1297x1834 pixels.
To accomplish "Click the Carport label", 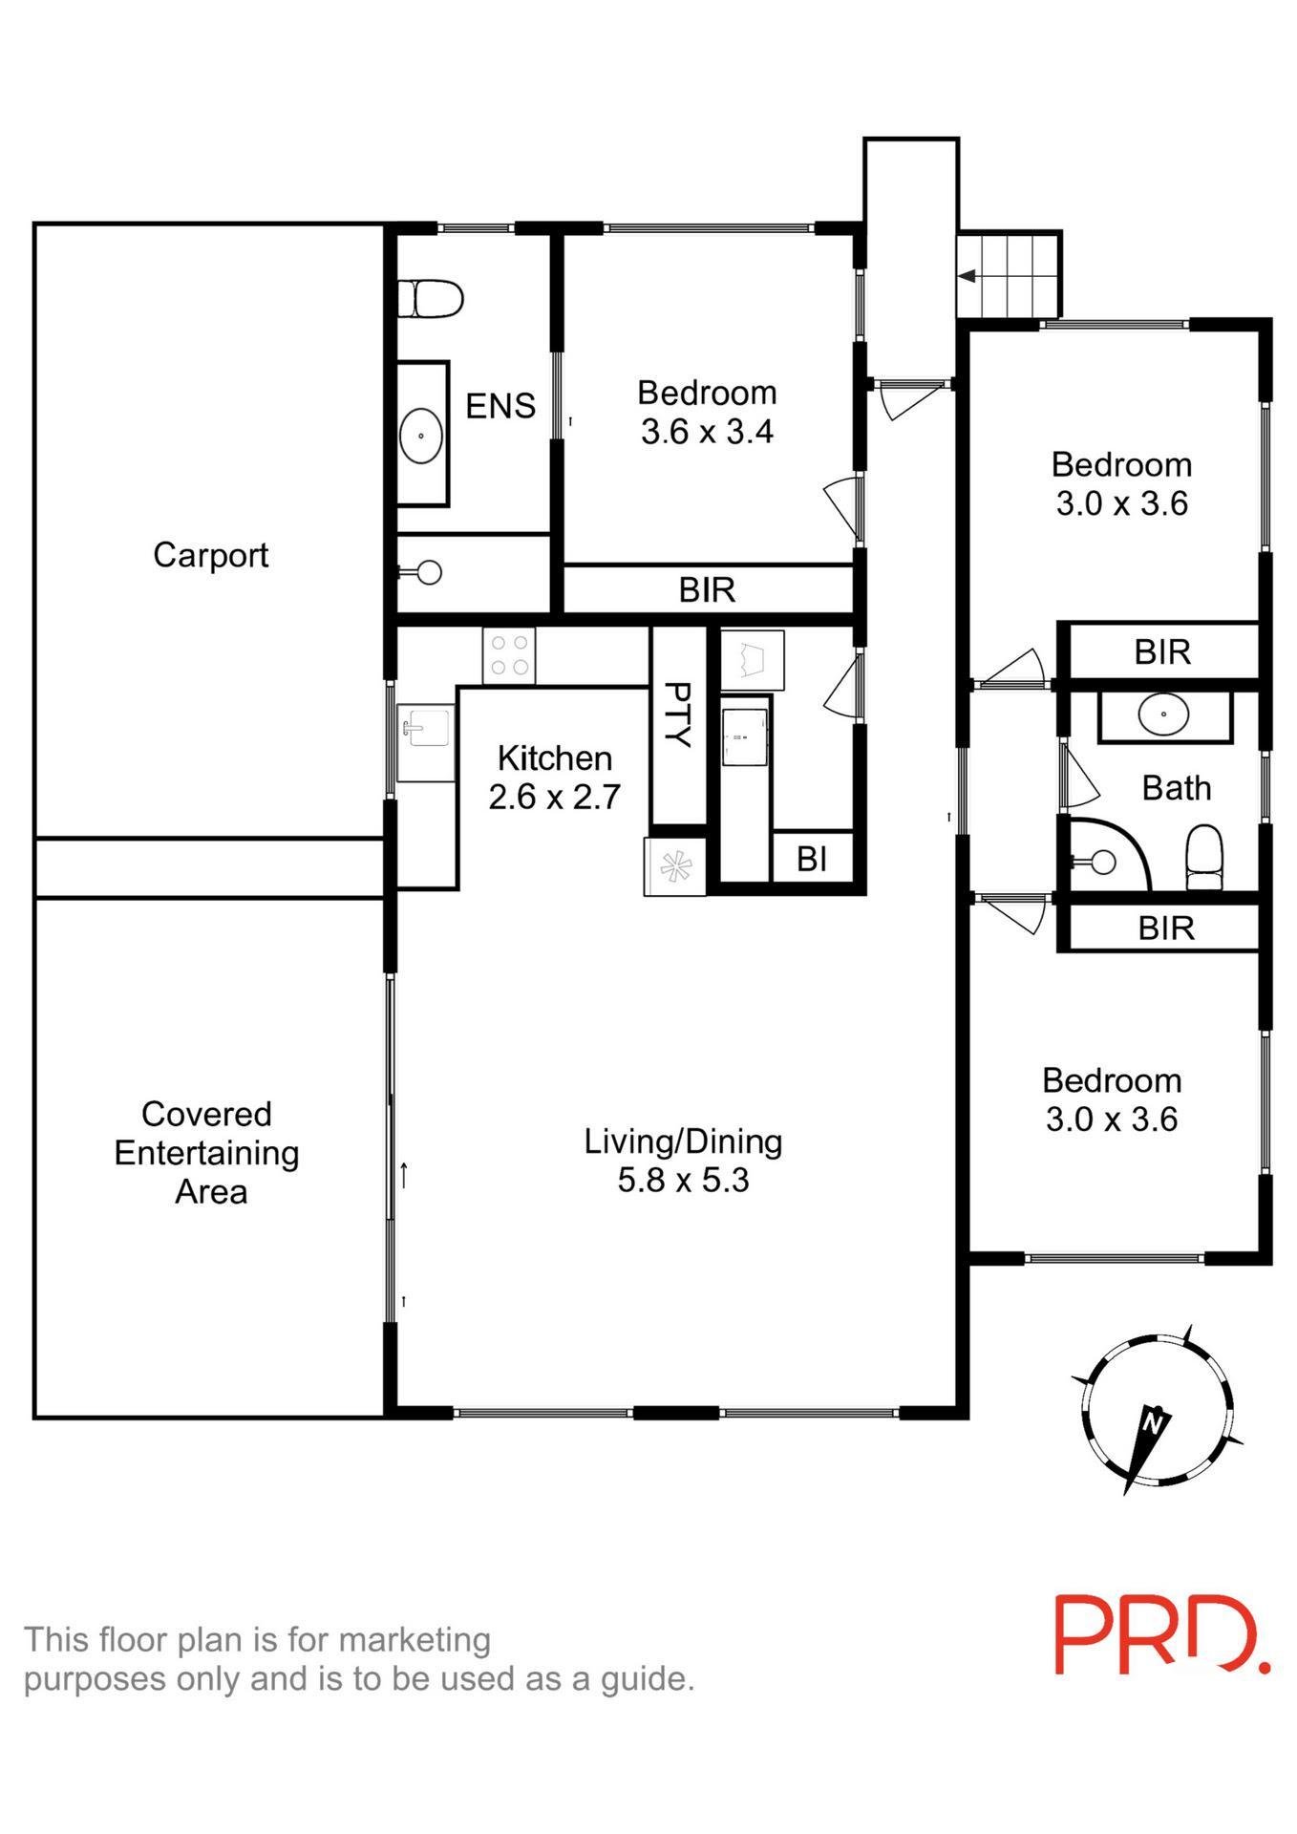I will pos(210,555).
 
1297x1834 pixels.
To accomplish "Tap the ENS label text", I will pos(500,406).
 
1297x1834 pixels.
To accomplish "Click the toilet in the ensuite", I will pos(430,298).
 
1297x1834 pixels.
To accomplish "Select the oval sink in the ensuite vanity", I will pos(420,437).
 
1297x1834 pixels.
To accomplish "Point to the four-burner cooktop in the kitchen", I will pos(509,655).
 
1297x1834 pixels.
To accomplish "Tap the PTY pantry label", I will pos(677,714).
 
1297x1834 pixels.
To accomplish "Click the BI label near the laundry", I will pos(811,860).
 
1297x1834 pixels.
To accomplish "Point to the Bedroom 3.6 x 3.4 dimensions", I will pos(707,432).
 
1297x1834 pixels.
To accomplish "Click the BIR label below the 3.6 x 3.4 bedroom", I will pos(707,590).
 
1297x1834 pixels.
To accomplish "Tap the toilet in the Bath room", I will pos(1203,857).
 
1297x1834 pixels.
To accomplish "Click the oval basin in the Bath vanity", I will pos(1163,714).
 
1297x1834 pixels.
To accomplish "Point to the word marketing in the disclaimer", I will pos(415,1639).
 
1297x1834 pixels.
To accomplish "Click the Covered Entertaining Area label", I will pos(207,1153).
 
